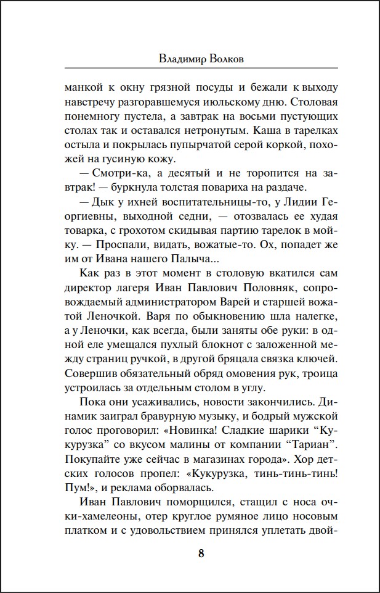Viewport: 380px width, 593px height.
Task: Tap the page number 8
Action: click(201, 553)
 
